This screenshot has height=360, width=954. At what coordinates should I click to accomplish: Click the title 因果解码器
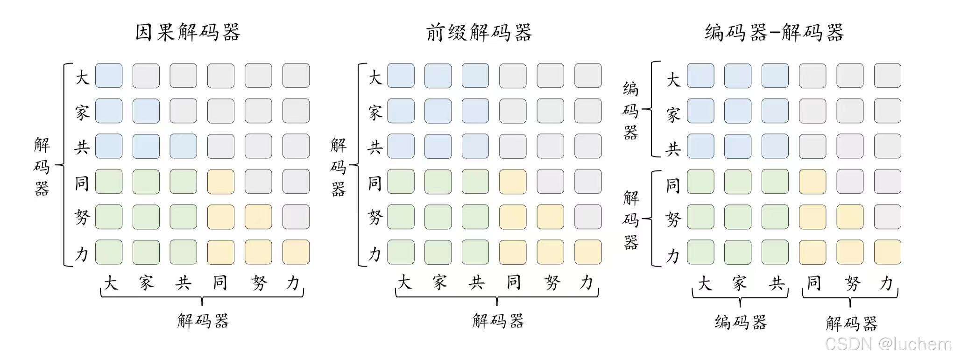pos(188,33)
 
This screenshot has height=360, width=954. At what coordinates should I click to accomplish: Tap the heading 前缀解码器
pos(479,33)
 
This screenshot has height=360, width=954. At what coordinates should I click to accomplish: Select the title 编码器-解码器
pos(774,33)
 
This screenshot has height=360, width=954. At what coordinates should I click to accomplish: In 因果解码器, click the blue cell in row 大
pos(109,76)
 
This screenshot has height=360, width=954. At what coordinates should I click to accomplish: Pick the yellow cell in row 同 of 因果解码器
pos(221,182)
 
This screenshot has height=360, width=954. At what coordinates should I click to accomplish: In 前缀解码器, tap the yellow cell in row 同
pos(513,182)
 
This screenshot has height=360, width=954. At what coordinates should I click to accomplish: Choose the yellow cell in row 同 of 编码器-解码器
pos(813,182)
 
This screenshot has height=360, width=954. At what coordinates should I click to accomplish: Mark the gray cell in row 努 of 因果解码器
pos(296,217)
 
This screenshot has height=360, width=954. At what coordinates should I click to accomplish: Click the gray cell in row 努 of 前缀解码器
pos(588,217)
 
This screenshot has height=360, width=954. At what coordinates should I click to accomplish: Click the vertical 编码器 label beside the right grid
pos(630,111)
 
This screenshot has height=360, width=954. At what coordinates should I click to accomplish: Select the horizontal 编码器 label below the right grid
pos(741,322)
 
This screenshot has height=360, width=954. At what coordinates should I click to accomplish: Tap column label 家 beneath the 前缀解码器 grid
pos(439,282)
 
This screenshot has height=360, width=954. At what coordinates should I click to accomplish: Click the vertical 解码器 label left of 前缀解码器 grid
pos(338,167)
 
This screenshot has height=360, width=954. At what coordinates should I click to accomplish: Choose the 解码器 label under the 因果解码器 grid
pos(203,321)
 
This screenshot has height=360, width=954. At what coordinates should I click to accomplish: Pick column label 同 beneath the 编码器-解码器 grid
pos(813,283)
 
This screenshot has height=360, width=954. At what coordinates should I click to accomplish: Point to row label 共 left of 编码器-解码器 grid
pos(673,149)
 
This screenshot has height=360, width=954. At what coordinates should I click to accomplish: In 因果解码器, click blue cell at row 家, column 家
pos(146,111)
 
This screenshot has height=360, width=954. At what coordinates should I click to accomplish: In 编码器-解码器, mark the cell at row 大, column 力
pos(888,76)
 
